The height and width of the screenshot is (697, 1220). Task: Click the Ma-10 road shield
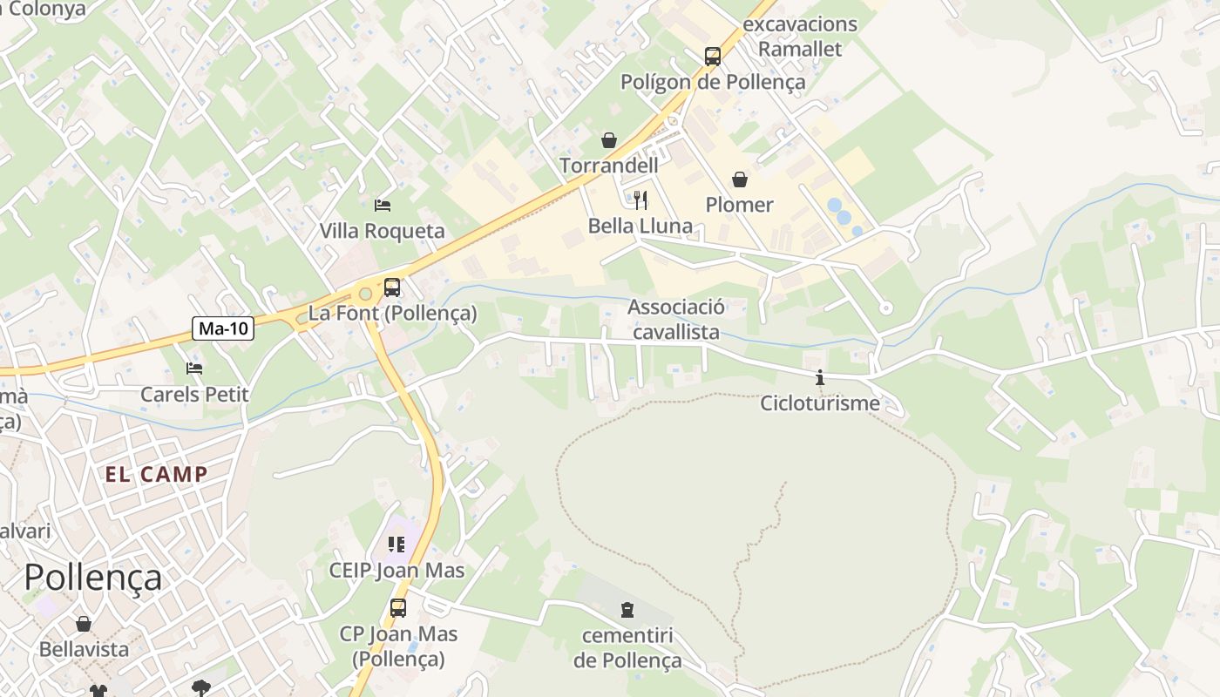pyautogui.click(x=223, y=328)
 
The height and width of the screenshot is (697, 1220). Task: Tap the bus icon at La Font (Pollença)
pyautogui.click(x=392, y=288)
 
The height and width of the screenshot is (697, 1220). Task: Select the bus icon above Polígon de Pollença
pyautogui.click(x=713, y=57)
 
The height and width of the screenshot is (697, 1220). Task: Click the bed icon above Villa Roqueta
pyautogui.click(x=383, y=206)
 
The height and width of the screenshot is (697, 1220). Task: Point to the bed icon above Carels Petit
pyautogui.click(x=194, y=369)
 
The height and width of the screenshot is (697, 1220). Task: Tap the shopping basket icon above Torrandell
pyautogui.click(x=608, y=140)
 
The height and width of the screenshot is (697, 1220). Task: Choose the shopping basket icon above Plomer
pyautogui.click(x=740, y=179)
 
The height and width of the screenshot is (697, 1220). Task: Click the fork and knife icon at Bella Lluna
pyautogui.click(x=640, y=200)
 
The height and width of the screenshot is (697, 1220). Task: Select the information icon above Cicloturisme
pyautogui.click(x=819, y=378)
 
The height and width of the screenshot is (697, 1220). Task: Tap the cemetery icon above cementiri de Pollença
pyautogui.click(x=627, y=609)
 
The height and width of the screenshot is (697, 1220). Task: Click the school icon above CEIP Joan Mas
pyautogui.click(x=396, y=545)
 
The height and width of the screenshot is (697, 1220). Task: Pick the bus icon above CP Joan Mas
pyautogui.click(x=398, y=608)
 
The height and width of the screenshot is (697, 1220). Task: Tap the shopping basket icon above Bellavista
pyautogui.click(x=84, y=624)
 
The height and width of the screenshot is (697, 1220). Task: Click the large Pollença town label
pyautogui.click(x=92, y=577)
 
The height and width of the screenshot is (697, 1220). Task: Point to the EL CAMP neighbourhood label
pyautogui.click(x=157, y=475)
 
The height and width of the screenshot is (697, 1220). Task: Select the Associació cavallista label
pyautogui.click(x=676, y=319)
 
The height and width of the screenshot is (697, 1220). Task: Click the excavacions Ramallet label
pyautogui.click(x=800, y=37)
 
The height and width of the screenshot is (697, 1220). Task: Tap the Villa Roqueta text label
pyautogui.click(x=382, y=231)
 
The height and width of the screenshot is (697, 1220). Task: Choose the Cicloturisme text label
pyautogui.click(x=819, y=403)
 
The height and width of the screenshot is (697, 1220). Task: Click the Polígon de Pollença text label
pyautogui.click(x=713, y=82)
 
